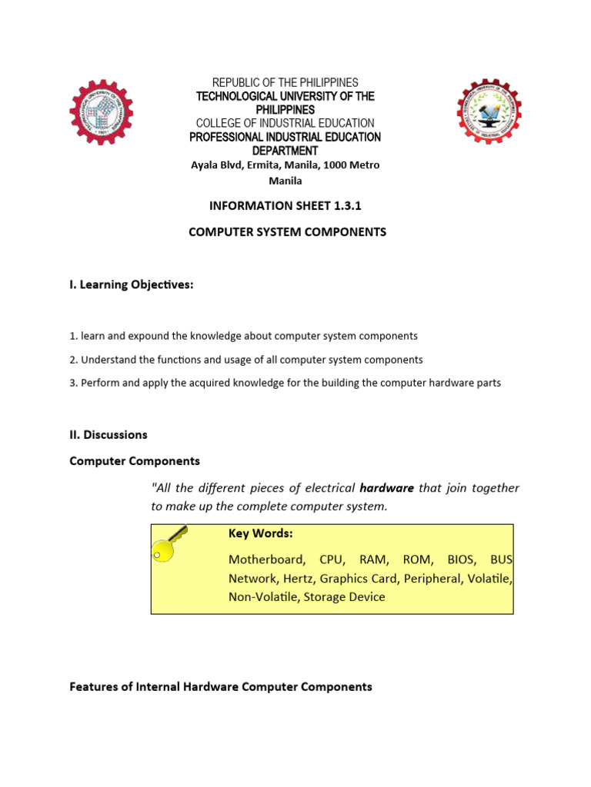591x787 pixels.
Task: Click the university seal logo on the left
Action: point(102,111)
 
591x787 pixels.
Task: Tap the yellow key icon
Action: point(170,543)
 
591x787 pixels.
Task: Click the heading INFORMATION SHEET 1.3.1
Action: point(285,206)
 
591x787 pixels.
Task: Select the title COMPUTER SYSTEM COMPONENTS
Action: point(288,231)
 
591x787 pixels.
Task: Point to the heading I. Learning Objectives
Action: point(132,285)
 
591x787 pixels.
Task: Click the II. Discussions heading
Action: point(109,434)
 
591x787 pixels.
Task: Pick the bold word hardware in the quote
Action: point(386,488)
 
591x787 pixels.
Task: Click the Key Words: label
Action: point(260,533)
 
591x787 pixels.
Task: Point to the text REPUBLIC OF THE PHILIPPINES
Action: point(285,82)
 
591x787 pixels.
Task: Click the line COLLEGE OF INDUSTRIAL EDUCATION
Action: point(285,123)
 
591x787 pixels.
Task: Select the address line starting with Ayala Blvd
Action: point(285,165)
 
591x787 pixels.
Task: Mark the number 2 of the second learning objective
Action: point(72,360)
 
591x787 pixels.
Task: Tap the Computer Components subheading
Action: point(135,461)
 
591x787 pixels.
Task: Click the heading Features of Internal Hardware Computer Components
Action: point(221,686)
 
